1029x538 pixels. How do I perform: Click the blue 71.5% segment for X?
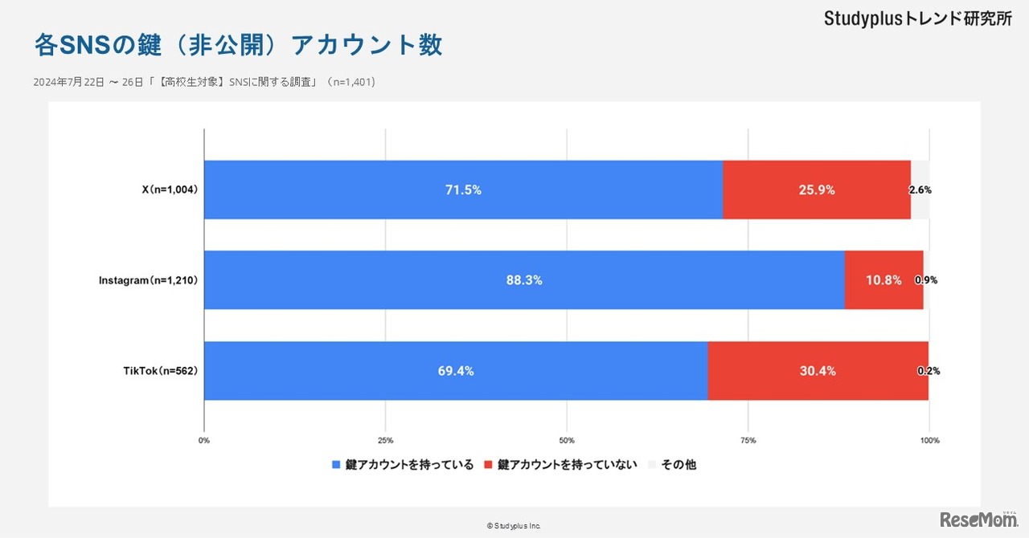click(x=463, y=190)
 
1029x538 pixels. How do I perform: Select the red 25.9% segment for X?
click(x=817, y=190)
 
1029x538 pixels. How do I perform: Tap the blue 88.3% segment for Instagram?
click(x=524, y=280)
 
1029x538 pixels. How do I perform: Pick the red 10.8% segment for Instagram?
click(x=883, y=280)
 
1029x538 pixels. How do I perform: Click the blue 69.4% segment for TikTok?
click(x=456, y=371)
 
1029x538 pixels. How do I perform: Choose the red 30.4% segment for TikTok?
click(x=818, y=371)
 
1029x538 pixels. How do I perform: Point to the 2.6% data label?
click(x=920, y=190)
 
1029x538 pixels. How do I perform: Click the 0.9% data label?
click(x=926, y=280)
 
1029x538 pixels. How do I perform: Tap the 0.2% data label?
click(x=929, y=371)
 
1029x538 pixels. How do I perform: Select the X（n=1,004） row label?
click(x=170, y=190)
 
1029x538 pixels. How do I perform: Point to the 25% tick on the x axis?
click(x=385, y=440)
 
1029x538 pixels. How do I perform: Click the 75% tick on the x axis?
click(x=748, y=440)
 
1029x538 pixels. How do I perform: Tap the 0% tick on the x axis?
click(x=204, y=440)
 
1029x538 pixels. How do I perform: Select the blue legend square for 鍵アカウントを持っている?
click(x=337, y=465)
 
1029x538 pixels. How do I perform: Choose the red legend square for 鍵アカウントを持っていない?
click(x=490, y=465)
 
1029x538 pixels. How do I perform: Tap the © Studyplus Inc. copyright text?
click(x=514, y=526)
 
